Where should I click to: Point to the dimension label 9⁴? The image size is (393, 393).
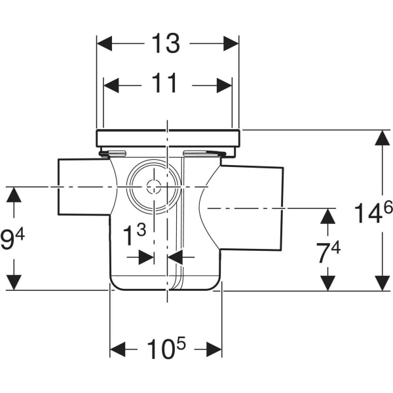pos(13,239)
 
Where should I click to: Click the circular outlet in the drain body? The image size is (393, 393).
pos(153,187)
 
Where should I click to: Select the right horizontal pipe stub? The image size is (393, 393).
pos(252,207)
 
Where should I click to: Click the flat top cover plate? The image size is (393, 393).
pos(168,138)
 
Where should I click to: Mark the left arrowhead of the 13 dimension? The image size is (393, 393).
pos(105,44)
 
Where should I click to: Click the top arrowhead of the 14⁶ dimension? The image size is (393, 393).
pos(382,138)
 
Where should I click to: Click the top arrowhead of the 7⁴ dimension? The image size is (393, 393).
pos(327,215)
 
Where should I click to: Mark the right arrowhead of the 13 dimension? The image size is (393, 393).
pos(231,44)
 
